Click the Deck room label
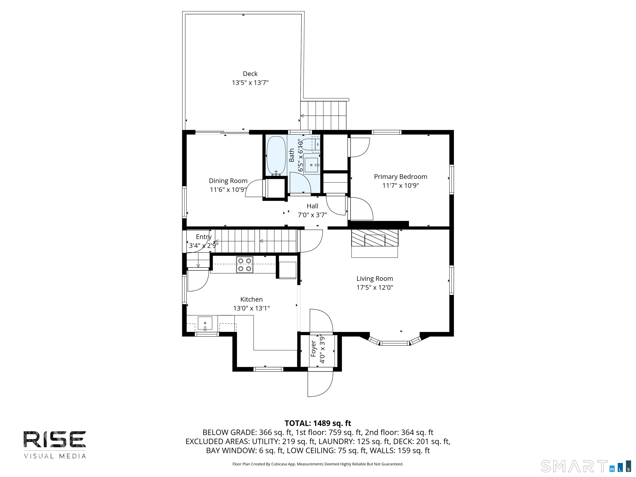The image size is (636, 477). coord(250,74)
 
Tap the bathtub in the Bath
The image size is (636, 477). coord(276,155)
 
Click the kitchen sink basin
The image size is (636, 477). coord(205,323)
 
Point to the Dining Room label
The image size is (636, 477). coord(228,181)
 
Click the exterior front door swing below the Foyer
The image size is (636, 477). coord(320,384)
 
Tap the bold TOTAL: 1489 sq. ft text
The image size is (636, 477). coord(318,423)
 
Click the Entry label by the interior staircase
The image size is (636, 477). coord(204,237)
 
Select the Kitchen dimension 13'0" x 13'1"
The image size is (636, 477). coord(251,308)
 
